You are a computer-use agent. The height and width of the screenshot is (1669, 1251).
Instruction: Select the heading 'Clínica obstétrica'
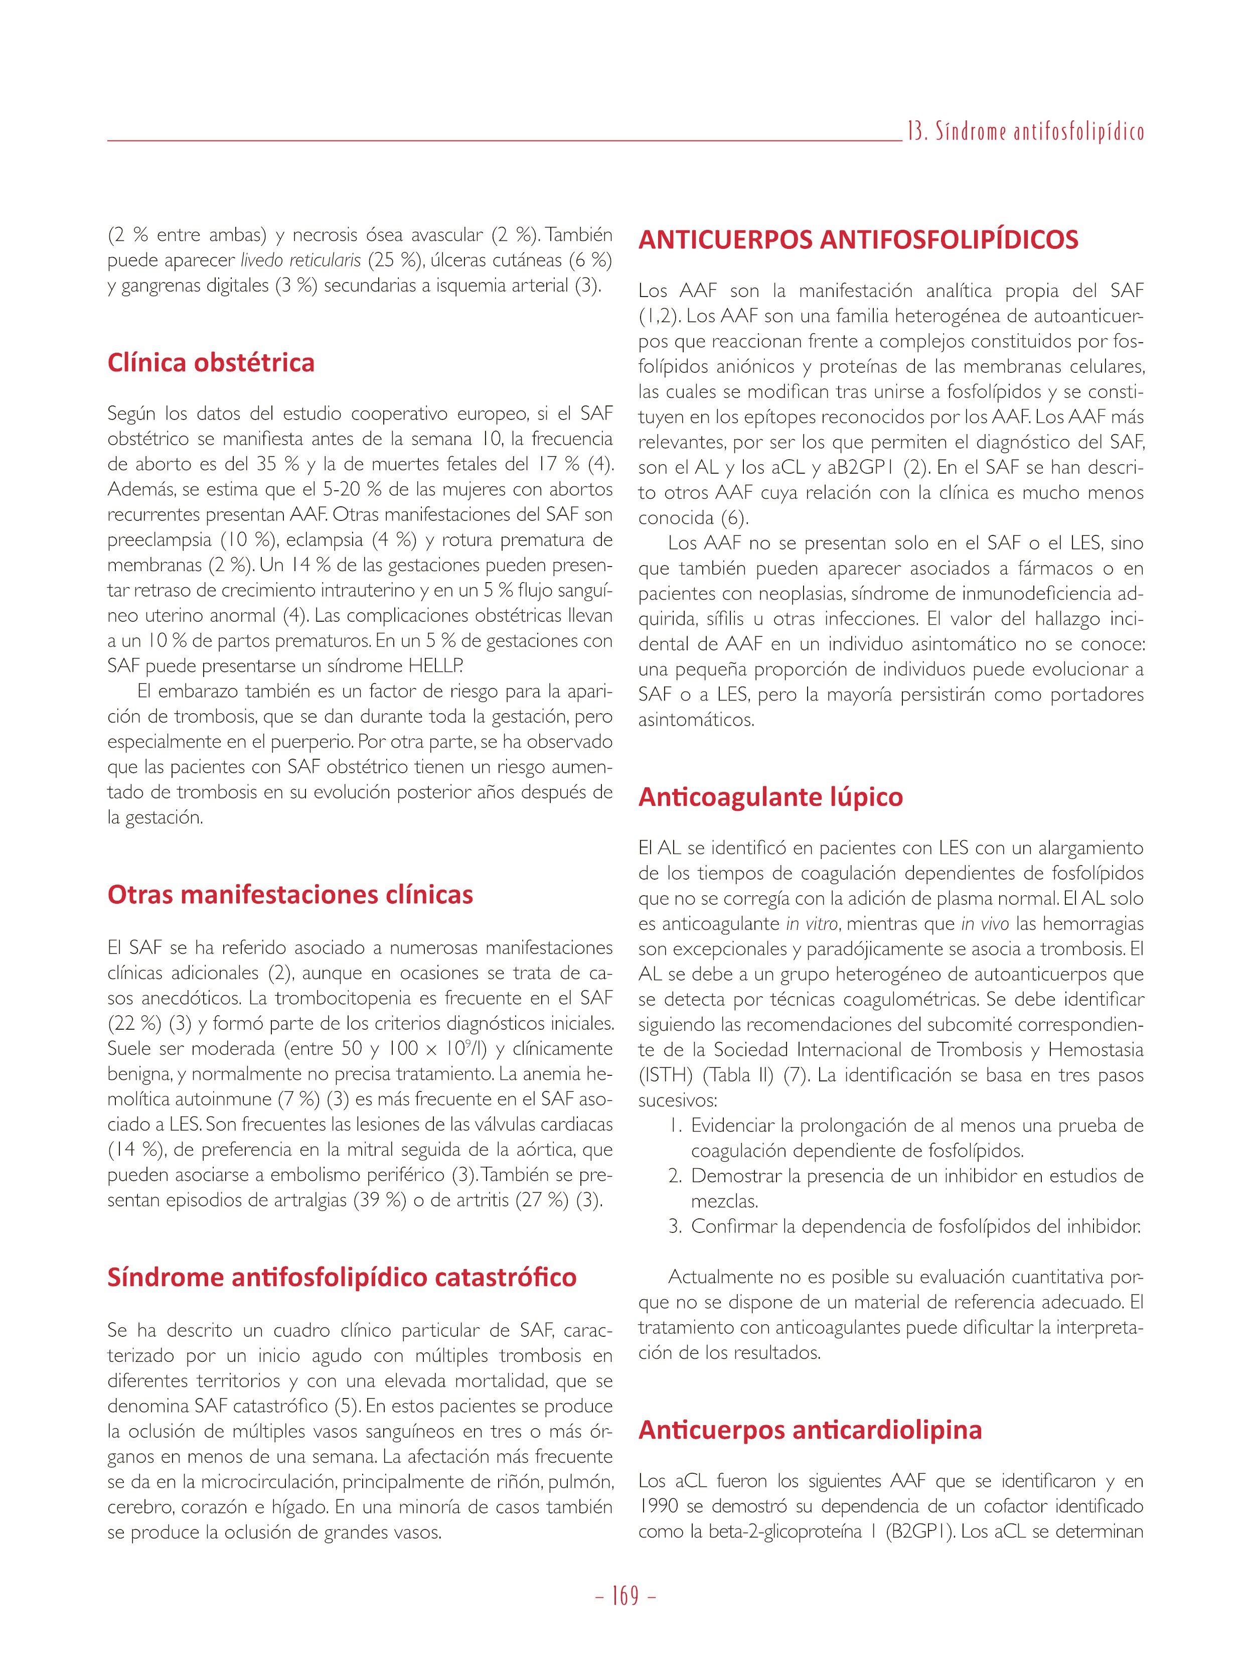coord(211,363)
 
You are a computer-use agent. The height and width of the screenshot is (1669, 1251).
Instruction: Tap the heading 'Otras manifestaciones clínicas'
coord(290,895)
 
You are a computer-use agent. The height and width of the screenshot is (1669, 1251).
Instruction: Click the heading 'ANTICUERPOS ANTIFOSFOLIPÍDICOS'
coord(858,240)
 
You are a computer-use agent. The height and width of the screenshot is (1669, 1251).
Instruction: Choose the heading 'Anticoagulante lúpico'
coord(770,797)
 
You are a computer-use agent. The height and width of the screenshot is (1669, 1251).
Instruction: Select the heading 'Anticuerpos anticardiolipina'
coord(810,1430)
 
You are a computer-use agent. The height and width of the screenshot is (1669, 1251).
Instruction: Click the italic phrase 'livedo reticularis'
coord(300,261)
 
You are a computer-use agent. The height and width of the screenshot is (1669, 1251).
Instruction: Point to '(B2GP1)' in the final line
coord(920,1532)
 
